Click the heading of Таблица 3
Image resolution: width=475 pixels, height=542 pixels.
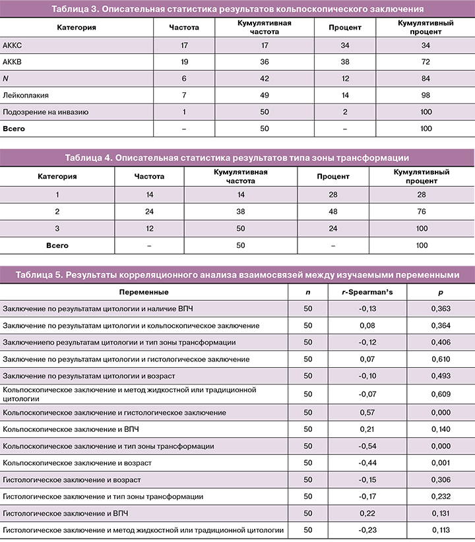[x=237, y=10]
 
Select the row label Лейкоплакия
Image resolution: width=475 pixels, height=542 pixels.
[x=24, y=96]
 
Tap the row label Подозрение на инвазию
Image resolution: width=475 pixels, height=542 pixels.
[x=46, y=112]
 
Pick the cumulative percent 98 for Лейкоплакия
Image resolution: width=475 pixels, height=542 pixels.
[x=426, y=96]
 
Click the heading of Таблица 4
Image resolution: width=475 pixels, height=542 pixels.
[x=237, y=158]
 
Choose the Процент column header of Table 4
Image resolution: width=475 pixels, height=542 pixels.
[x=334, y=177]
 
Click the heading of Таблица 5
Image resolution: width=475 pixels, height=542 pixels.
[x=237, y=275]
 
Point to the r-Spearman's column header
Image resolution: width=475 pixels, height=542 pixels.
[x=366, y=292]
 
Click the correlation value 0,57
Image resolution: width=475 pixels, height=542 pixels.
[x=366, y=412]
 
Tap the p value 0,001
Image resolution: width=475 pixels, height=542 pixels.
[x=439, y=463]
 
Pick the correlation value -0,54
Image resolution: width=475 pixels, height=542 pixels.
[x=366, y=446]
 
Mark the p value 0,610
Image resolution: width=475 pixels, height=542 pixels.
[x=439, y=359]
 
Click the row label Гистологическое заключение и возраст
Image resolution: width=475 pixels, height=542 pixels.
[x=72, y=479]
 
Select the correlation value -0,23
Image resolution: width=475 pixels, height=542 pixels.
[x=366, y=530]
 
